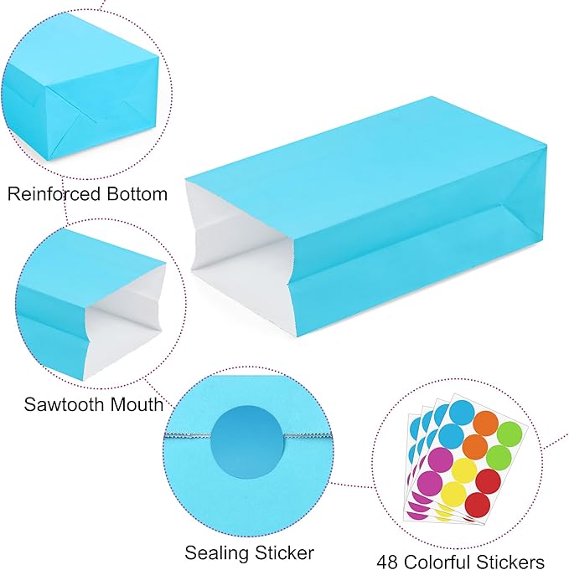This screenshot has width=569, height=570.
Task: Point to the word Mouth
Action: tap(137, 404)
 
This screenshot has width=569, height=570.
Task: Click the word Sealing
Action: tap(216, 553)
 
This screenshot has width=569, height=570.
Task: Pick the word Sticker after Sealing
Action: tap(284, 553)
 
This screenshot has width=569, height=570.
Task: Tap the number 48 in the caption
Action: tap(387, 561)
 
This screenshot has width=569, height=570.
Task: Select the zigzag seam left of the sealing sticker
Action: tap(188, 435)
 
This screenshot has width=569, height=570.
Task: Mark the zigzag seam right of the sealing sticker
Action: tap(308, 435)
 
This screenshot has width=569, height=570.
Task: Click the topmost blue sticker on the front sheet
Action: tap(462, 413)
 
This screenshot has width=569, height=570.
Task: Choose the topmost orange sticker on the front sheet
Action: tap(486, 424)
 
